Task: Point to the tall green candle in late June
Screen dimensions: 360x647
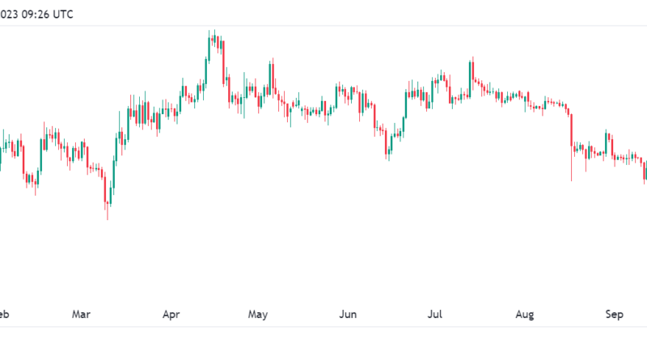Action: tap(404, 105)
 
